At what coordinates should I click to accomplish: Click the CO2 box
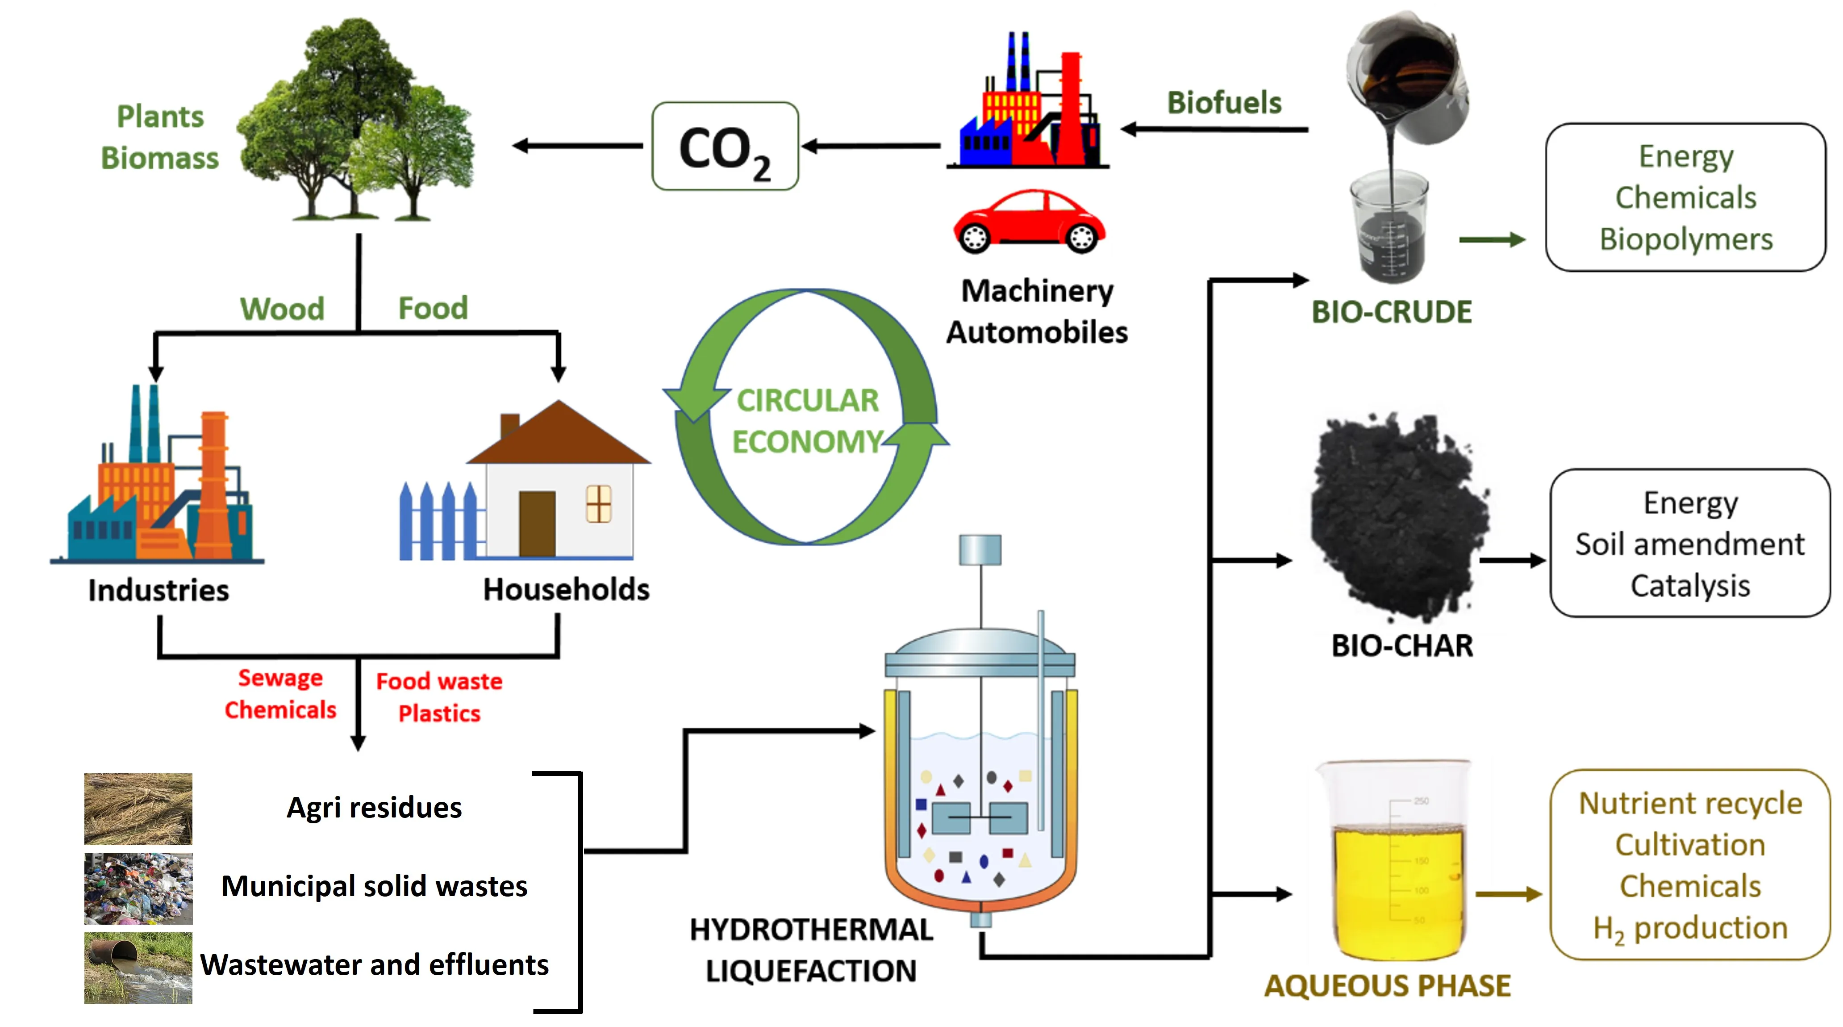tap(724, 147)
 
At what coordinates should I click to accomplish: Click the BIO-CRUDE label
tap(1391, 312)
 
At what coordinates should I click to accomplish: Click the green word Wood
tap(282, 309)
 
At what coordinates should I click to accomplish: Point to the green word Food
tap(433, 309)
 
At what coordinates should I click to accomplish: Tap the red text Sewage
tap(280, 678)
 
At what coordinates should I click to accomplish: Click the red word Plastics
tap(439, 713)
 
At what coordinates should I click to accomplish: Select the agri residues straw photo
tap(138, 809)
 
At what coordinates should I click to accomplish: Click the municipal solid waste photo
tap(138, 888)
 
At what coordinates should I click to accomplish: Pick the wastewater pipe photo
tap(138, 968)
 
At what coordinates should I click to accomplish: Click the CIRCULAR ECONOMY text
tap(807, 421)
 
